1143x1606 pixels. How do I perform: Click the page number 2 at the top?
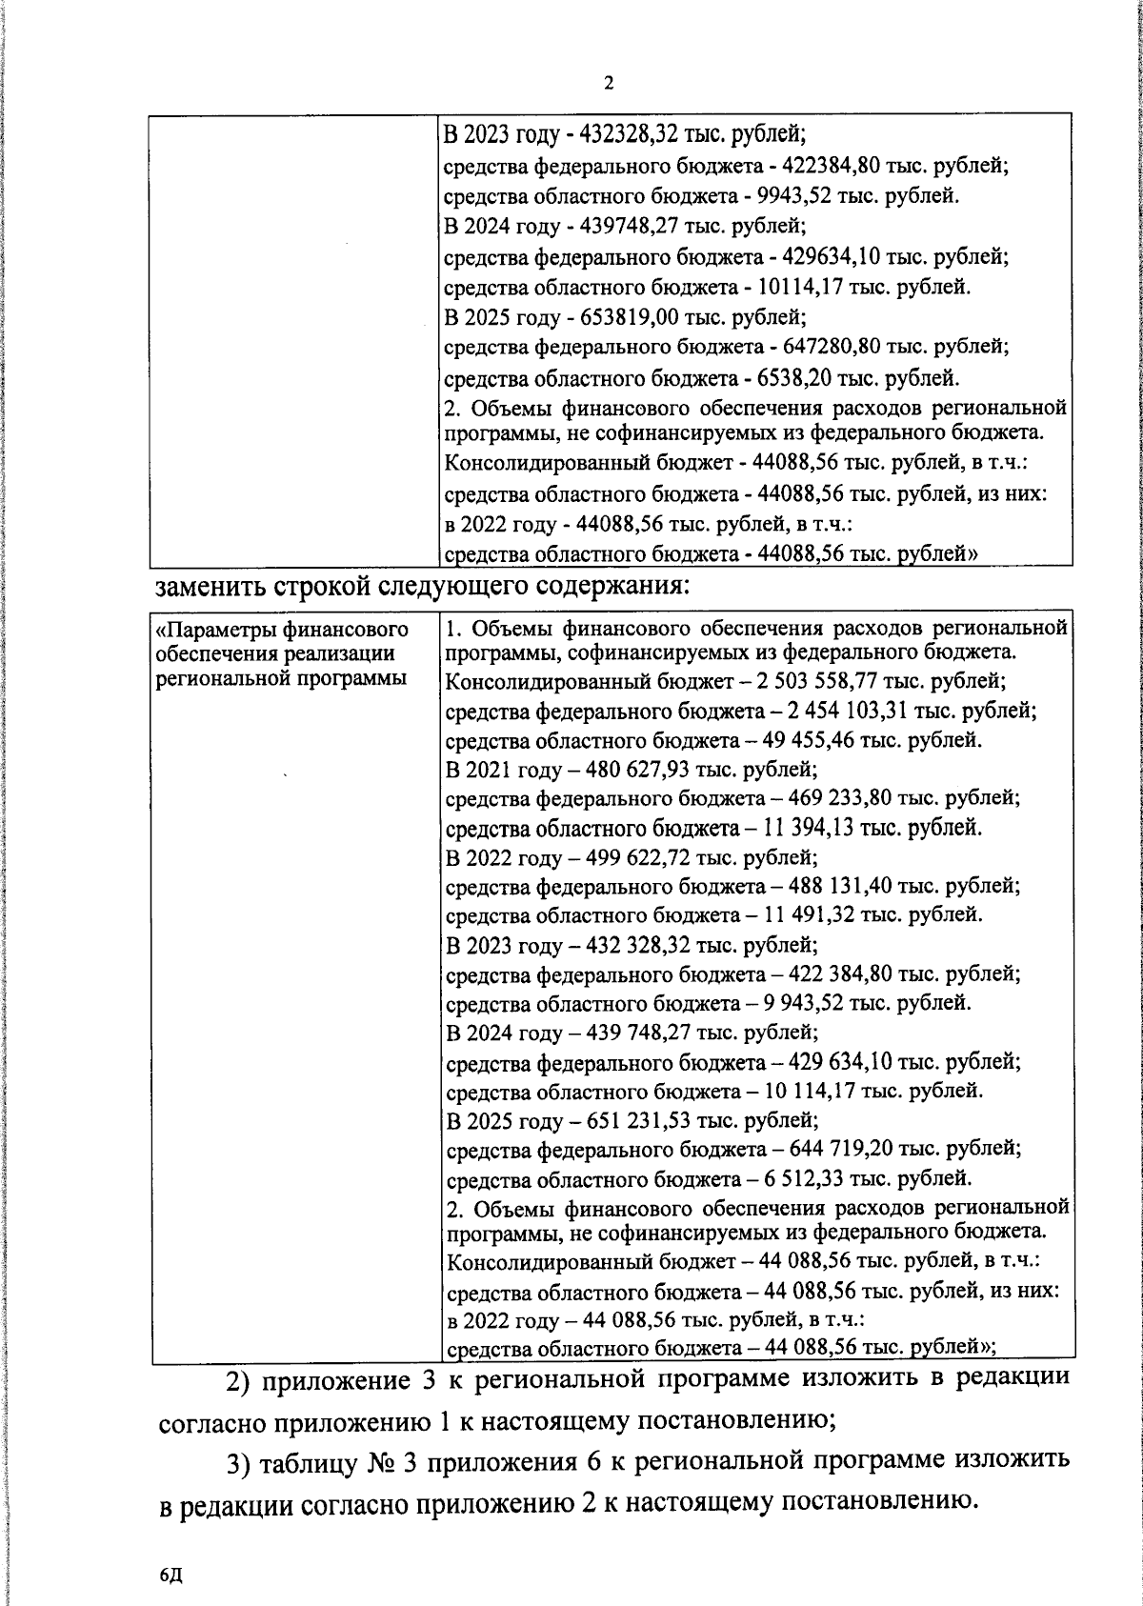tap(609, 83)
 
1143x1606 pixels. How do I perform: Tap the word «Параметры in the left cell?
tap(211, 631)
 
